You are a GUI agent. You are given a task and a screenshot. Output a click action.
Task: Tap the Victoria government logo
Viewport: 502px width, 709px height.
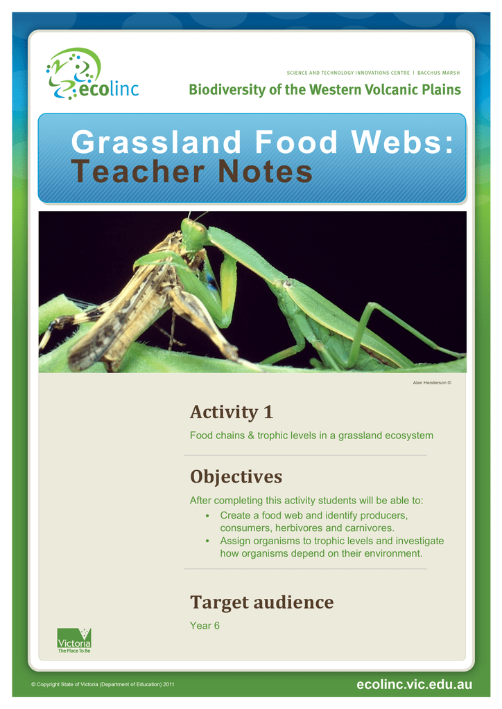(x=74, y=640)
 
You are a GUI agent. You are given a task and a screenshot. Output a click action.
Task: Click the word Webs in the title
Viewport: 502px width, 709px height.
(x=402, y=142)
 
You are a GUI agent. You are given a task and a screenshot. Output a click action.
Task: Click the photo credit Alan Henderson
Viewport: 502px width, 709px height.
(x=432, y=382)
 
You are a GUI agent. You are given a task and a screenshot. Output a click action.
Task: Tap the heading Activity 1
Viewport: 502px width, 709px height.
(x=232, y=412)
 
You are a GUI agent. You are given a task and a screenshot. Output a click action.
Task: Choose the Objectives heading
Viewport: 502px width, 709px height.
(x=236, y=476)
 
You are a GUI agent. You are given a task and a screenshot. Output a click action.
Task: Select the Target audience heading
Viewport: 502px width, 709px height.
(x=261, y=602)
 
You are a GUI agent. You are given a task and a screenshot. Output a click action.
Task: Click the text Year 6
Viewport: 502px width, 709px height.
(x=205, y=626)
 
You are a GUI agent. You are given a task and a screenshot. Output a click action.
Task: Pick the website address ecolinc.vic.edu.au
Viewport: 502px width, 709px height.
(x=414, y=684)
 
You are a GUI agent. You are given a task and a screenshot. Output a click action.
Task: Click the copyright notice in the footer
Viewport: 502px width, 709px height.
(x=103, y=684)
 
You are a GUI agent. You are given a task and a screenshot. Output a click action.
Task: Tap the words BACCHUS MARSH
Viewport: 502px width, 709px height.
(x=438, y=73)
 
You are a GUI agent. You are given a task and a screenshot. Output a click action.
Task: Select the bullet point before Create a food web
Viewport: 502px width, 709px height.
(x=207, y=516)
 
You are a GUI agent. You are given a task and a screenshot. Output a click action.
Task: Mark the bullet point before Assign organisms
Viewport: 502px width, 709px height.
(x=207, y=541)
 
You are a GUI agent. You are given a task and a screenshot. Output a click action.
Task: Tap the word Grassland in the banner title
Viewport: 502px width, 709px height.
(x=156, y=142)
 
